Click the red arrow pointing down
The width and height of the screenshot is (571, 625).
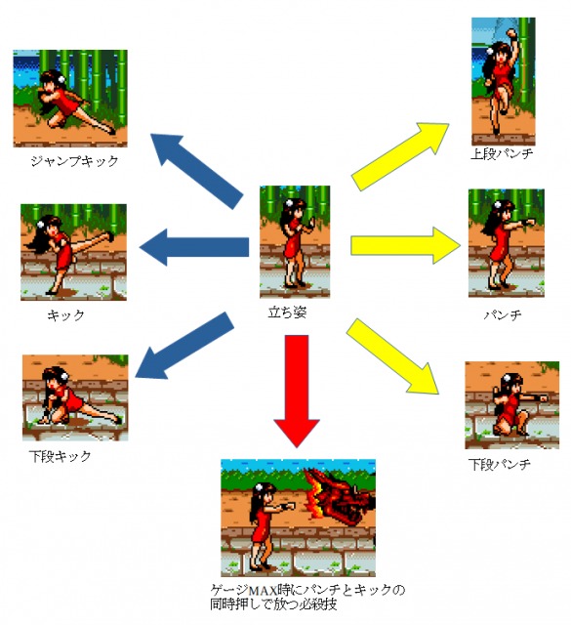[297, 391]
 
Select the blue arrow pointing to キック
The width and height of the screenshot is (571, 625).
[194, 247]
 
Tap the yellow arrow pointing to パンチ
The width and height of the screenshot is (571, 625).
[405, 245]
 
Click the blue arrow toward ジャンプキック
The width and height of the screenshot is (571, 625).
[197, 171]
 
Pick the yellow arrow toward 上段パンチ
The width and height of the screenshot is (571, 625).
[400, 156]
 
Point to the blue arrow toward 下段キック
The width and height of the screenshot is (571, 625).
[184, 346]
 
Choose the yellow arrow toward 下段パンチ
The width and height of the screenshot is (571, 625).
[392, 355]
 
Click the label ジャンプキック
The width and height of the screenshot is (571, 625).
[74, 161]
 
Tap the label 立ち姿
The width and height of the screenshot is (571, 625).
[287, 312]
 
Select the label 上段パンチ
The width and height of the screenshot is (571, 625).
[502, 154]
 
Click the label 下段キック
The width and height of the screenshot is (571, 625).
[61, 456]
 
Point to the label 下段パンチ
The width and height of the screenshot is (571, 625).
[500, 465]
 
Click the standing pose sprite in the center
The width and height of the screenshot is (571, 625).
[295, 242]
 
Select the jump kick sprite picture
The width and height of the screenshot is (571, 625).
[70, 99]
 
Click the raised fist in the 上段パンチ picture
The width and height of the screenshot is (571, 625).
[510, 33]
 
